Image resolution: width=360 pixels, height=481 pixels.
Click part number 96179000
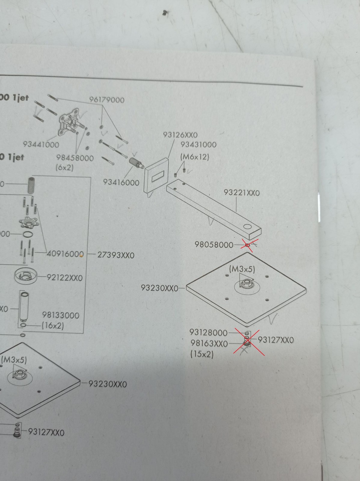pyautogui.click(x=107, y=100)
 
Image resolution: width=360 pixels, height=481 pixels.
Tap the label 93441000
pyautogui.click(x=41, y=145)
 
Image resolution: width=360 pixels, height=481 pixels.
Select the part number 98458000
pyautogui.click(x=75, y=158)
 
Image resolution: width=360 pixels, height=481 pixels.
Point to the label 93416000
pyautogui.click(x=121, y=182)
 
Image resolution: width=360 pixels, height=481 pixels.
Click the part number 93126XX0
pyautogui.click(x=180, y=135)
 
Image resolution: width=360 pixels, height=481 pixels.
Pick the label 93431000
pyautogui.click(x=198, y=145)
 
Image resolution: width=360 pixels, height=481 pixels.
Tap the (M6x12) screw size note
pyautogui.click(x=195, y=157)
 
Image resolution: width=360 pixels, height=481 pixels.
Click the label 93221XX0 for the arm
pyautogui.click(x=242, y=193)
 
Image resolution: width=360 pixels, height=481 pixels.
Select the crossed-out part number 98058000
pyautogui.click(x=214, y=245)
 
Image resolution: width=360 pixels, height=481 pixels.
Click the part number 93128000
pyautogui.click(x=208, y=332)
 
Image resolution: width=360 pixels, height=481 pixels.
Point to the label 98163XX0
pyautogui.click(x=209, y=343)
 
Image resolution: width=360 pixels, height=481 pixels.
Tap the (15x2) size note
pyautogui.click(x=202, y=354)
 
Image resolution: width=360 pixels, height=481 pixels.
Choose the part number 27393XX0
pyautogui.click(x=116, y=255)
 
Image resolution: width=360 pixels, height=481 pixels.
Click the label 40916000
pyautogui.click(x=65, y=254)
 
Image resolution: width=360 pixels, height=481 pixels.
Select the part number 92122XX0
pyautogui.click(x=64, y=277)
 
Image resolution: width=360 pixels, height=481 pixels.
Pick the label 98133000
pyautogui.click(x=61, y=315)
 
